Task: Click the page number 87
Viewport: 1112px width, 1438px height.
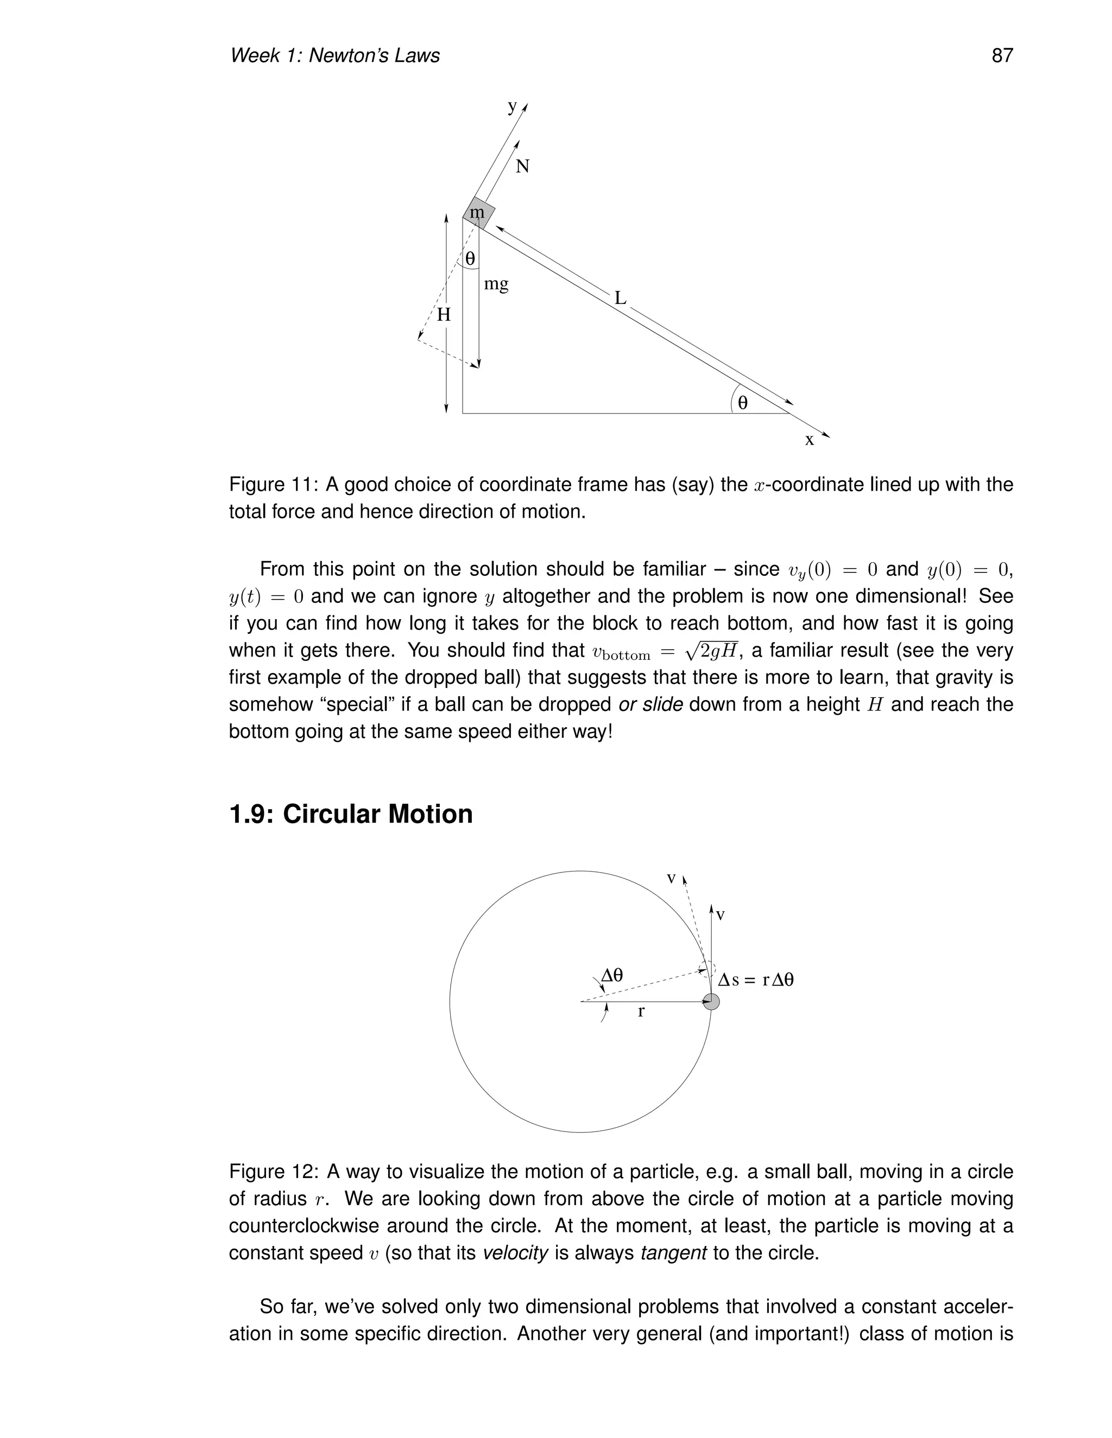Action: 1001,55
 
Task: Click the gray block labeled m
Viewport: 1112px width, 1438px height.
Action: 478,213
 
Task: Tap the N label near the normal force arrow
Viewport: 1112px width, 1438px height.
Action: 522,167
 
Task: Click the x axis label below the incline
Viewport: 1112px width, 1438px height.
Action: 810,440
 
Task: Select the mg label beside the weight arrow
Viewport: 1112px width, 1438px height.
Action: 496,284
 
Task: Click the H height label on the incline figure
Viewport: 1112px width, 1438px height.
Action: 444,315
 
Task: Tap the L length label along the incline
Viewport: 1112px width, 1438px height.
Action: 620,298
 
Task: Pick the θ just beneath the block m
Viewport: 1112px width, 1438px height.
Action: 470,259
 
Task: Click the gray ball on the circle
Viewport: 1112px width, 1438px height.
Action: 711,1002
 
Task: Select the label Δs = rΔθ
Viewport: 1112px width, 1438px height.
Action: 756,979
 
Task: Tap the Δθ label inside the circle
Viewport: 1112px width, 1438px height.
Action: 612,975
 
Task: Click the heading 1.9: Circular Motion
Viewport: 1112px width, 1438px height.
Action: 350,815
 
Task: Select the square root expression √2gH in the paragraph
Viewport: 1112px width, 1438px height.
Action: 712,651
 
